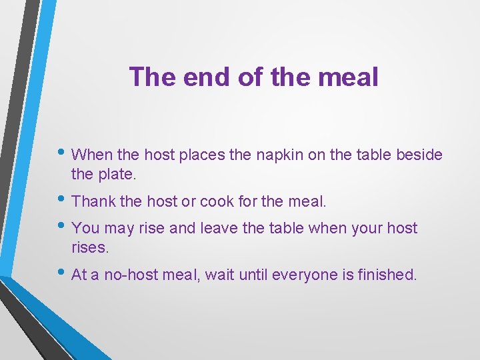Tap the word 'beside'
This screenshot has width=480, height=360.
point(419,155)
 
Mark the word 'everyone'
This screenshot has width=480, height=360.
point(300,275)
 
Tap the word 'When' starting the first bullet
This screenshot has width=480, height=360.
point(91,155)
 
